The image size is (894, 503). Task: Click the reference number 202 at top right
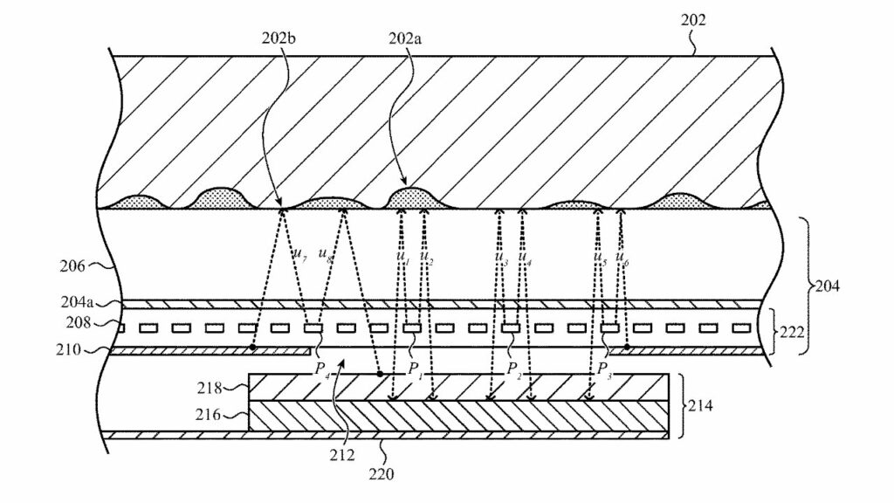692,20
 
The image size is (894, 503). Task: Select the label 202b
279,38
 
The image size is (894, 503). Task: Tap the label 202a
405,38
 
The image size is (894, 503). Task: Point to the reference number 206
72,265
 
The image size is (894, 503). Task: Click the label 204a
77,301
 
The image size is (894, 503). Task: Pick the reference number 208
78,323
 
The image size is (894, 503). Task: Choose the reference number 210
68,349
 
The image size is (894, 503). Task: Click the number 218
210,389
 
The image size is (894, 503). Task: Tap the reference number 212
341,455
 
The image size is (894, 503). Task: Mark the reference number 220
382,474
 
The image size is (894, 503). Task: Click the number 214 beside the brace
700,406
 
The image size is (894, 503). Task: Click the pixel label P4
321,369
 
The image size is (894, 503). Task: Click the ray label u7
300,254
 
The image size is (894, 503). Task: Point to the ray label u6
622,259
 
